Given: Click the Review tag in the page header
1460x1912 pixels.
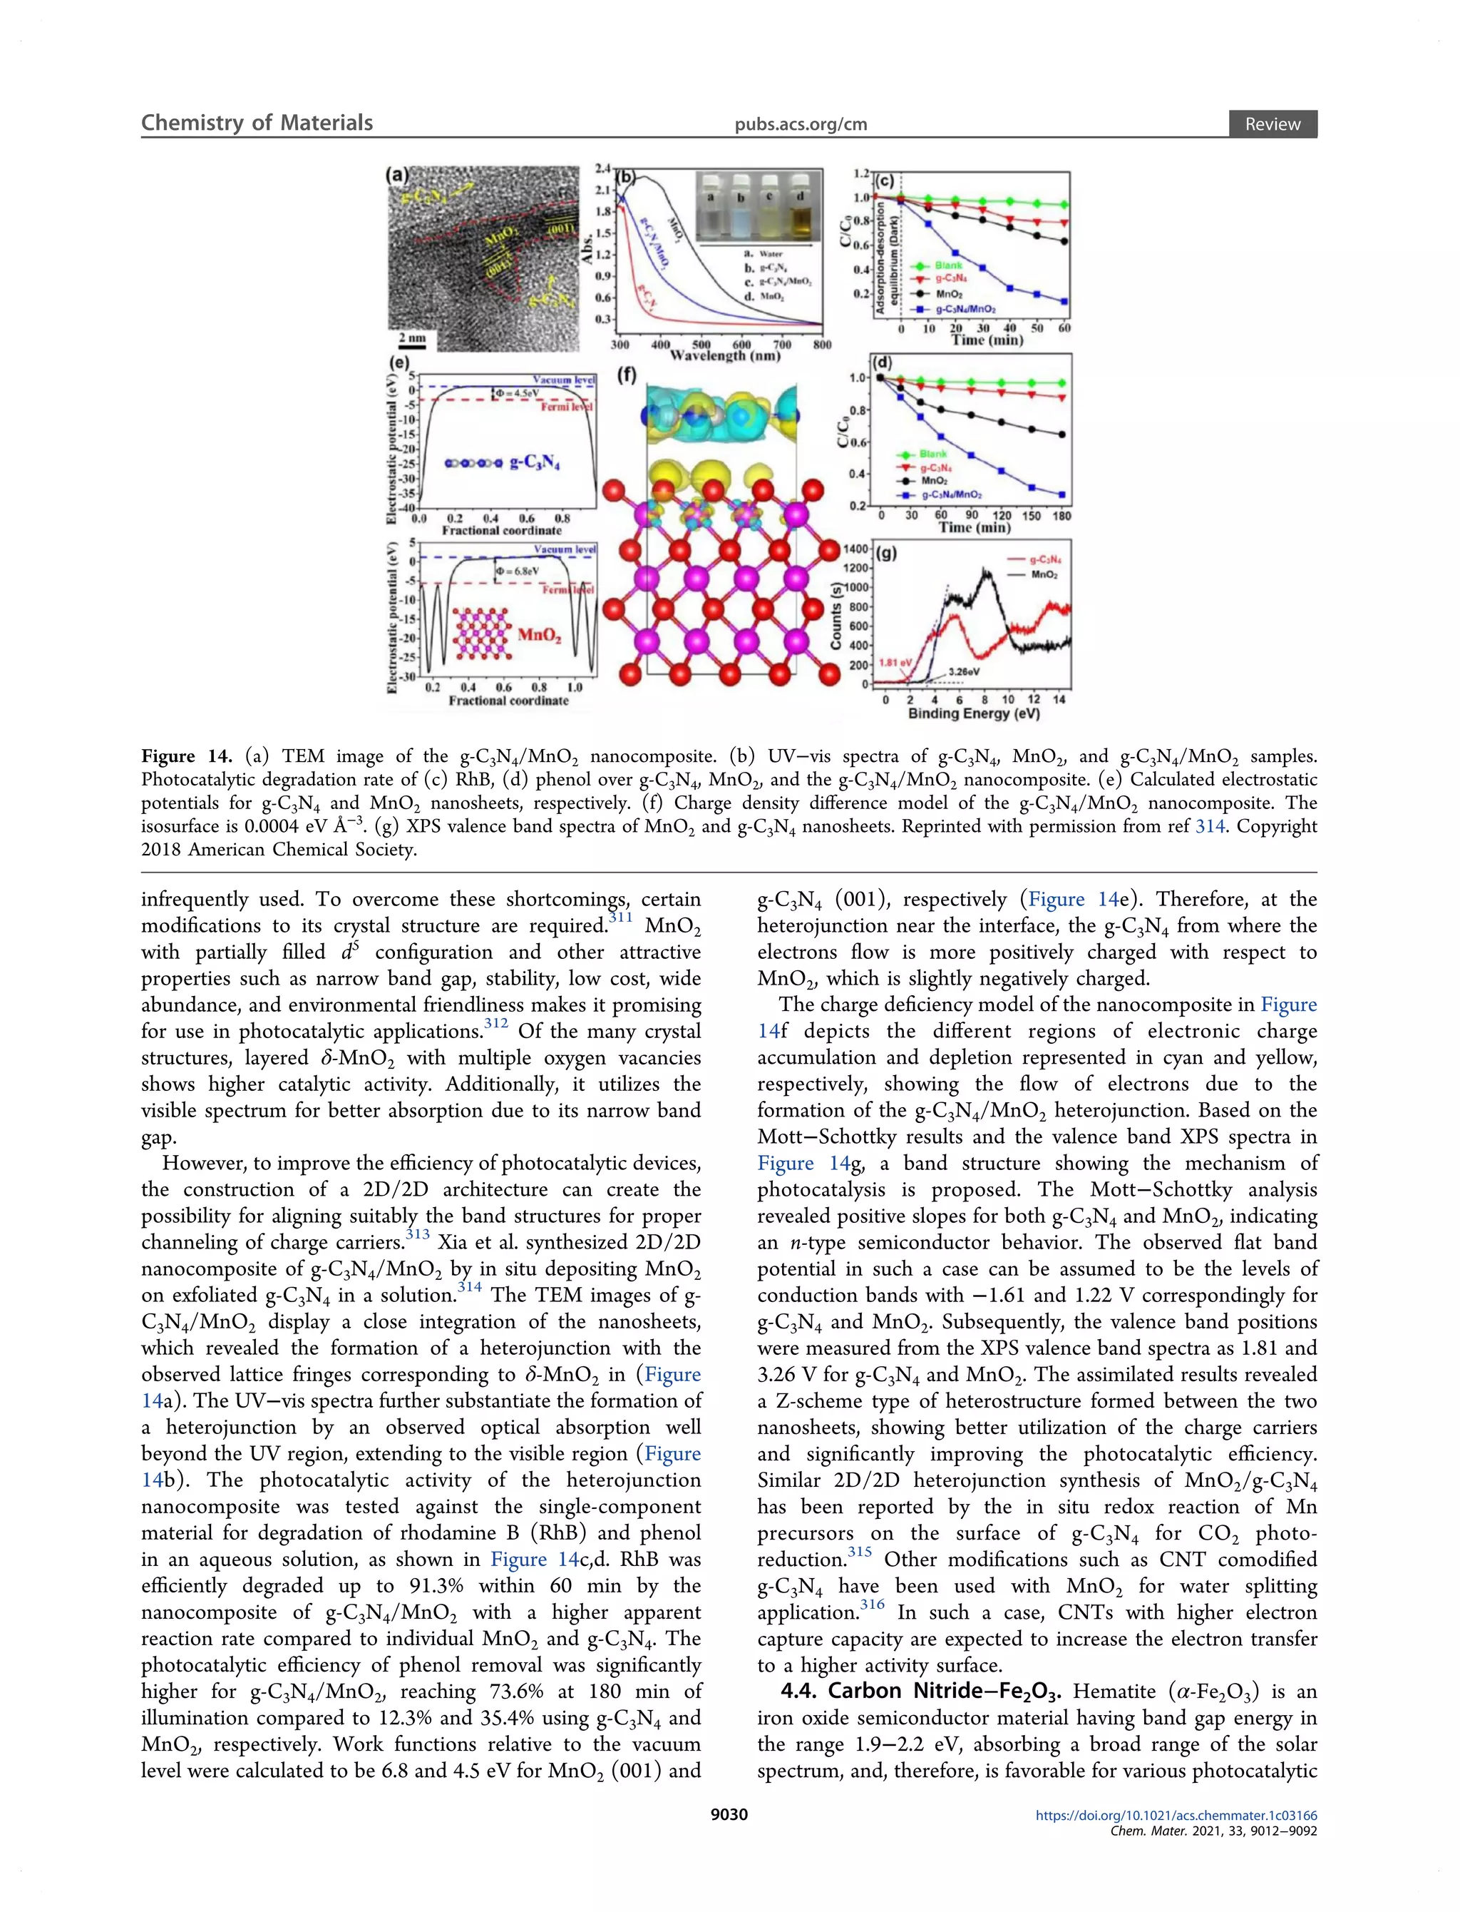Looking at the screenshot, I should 1273,124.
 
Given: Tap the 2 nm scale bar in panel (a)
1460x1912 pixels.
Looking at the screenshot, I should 412,337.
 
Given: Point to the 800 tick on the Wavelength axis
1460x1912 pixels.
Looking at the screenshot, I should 822,345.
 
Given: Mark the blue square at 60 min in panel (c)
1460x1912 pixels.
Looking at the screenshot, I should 1064,302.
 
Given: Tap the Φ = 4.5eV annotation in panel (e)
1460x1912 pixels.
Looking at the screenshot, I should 518,394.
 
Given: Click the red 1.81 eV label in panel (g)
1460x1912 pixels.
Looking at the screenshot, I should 893,663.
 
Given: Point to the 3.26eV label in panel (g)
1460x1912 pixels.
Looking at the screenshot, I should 964,671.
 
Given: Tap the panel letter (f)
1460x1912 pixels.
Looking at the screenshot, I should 627,375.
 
